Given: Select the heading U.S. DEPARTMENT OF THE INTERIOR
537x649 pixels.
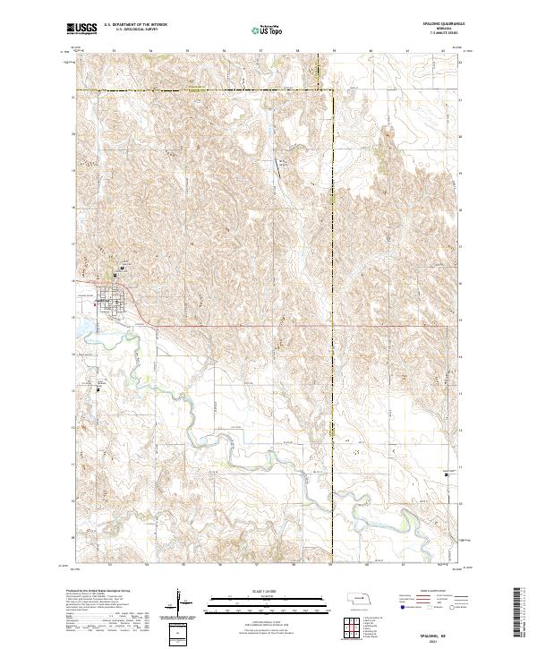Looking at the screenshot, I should tap(135, 25).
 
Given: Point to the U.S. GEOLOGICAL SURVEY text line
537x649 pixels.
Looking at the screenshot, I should tap(129, 30).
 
